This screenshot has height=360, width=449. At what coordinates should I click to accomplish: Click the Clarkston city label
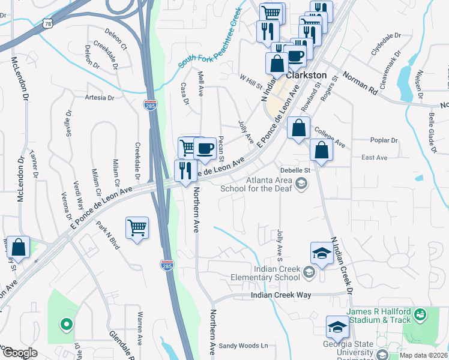(306, 76)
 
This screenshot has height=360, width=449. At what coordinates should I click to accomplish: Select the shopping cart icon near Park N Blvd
(137, 229)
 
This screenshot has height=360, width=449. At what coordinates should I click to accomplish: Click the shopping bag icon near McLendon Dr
(19, 248)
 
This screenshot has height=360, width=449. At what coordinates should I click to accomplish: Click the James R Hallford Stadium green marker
(420, 314)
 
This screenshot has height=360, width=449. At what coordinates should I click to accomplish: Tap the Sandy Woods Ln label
(243, 345)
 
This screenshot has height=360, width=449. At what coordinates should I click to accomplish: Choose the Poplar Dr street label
(385, 140)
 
